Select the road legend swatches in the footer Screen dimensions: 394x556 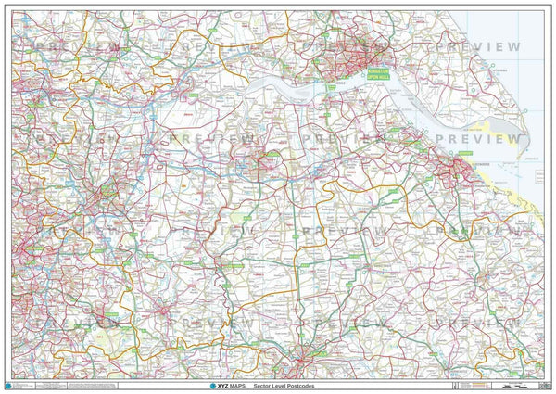(83, 384)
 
